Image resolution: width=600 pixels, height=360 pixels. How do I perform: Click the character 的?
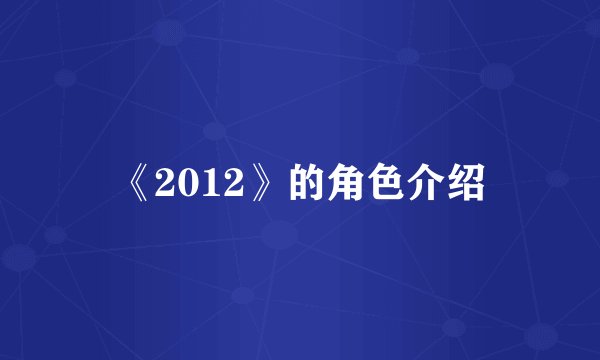point(308,183)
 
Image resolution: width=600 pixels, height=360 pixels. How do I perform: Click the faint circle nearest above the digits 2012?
point(213,131)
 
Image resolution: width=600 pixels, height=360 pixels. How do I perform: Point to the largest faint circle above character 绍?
point(496,75)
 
